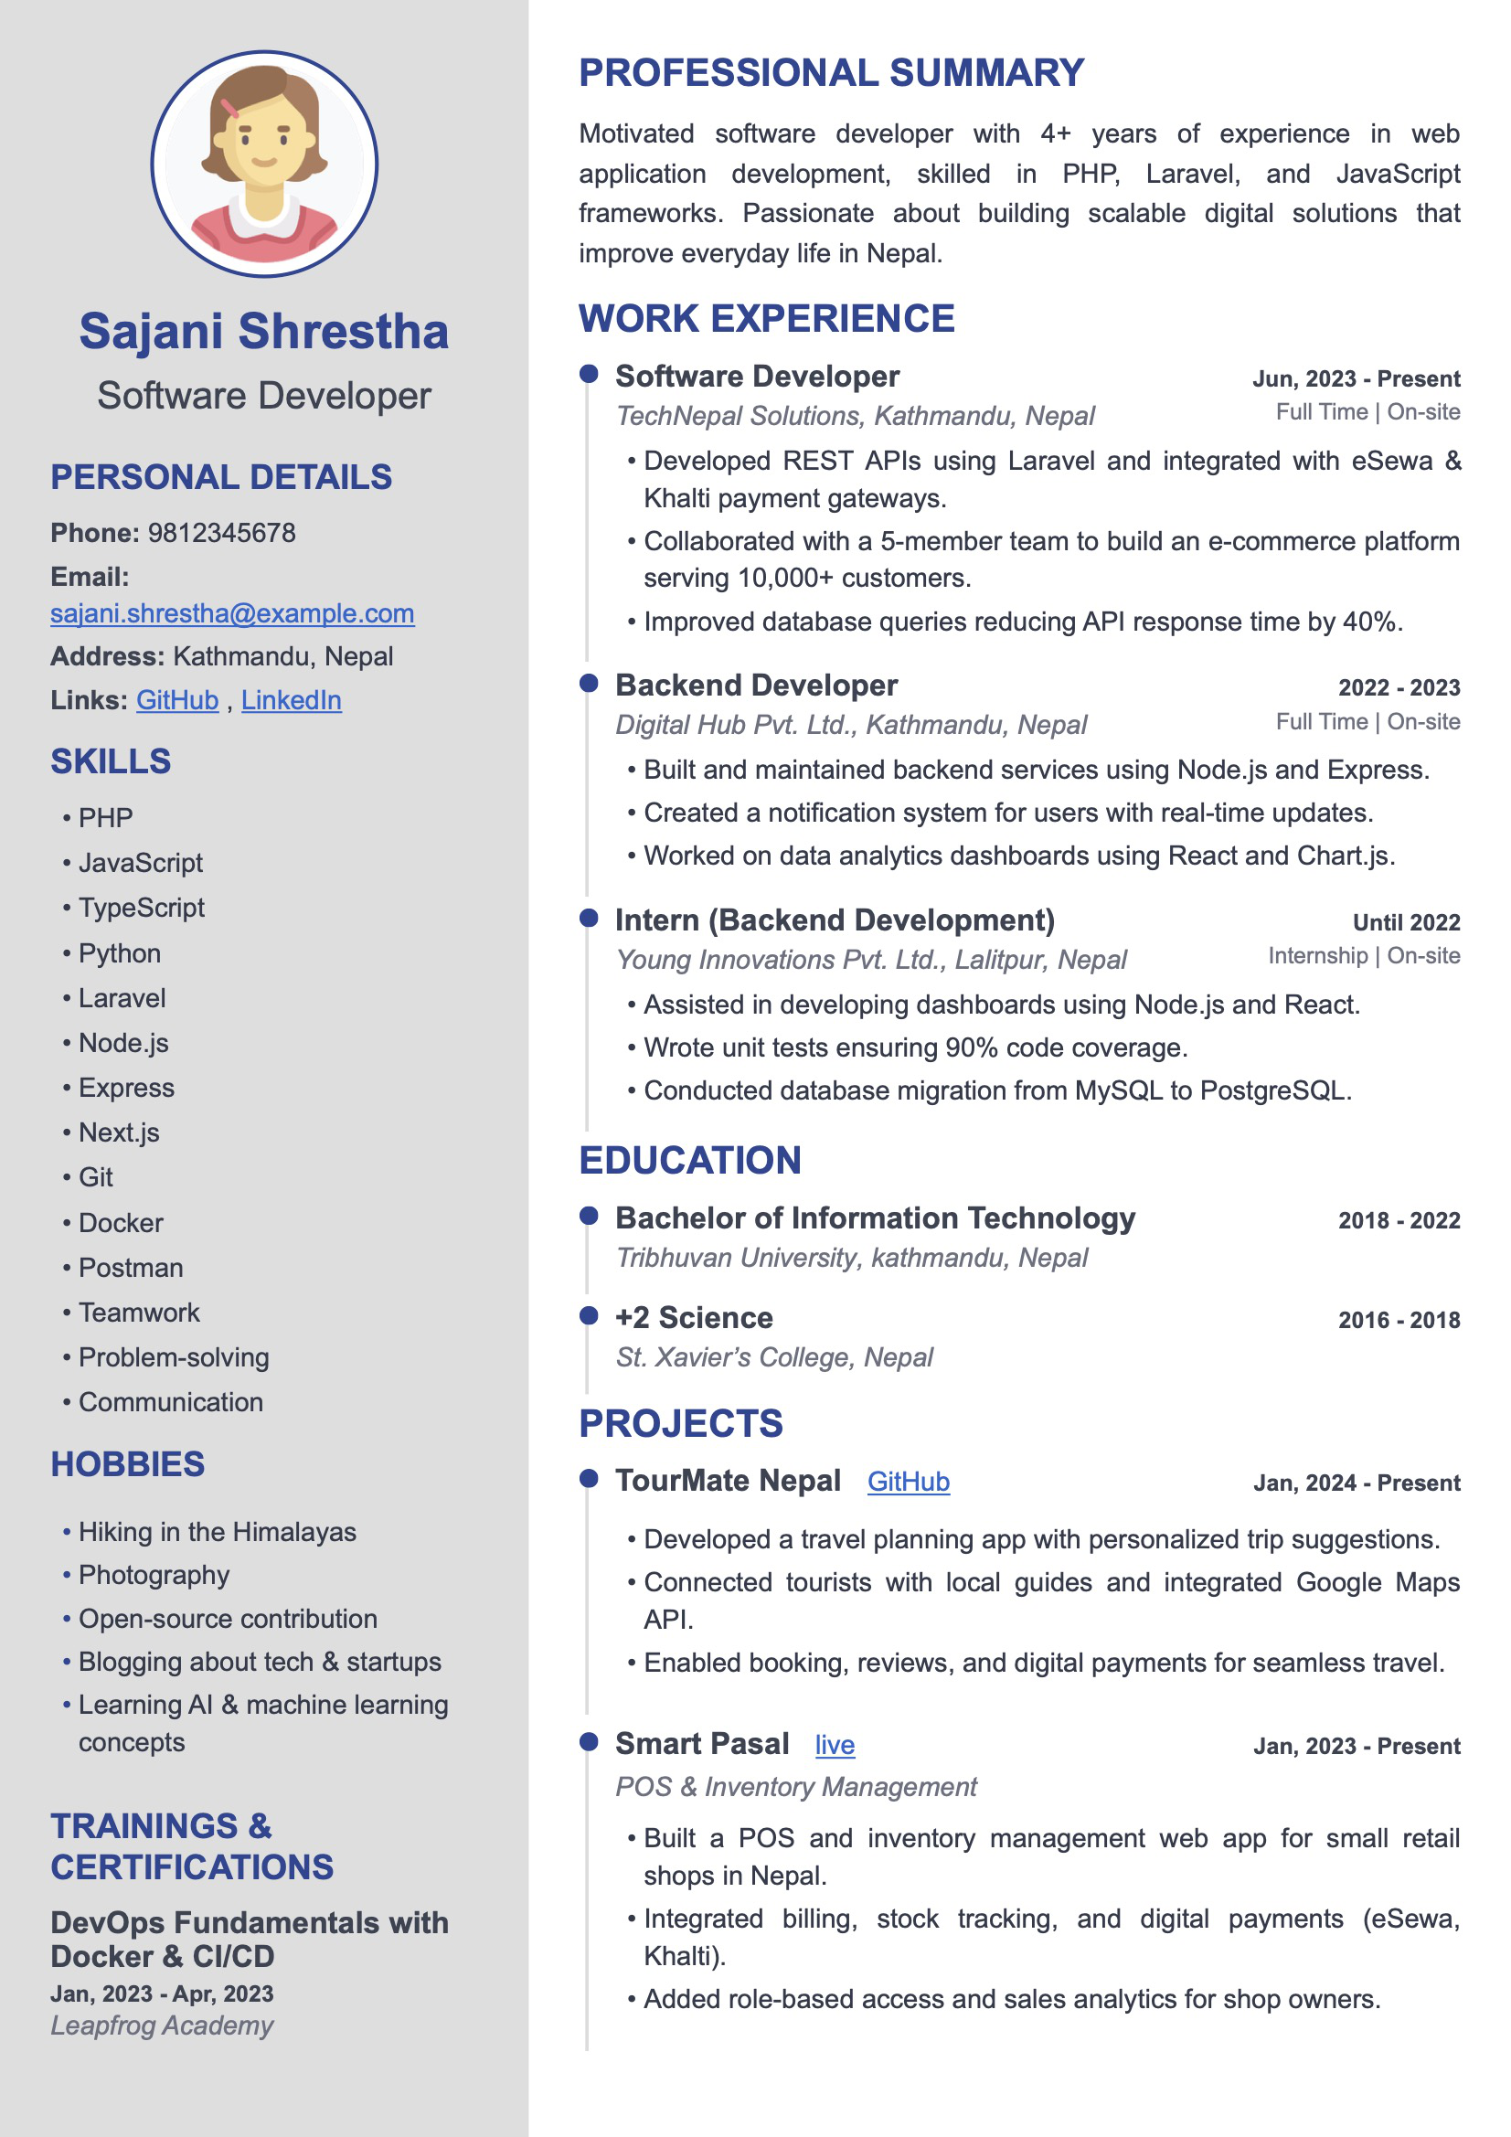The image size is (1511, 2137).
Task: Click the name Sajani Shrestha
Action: pyautogui.click(x=263, y=332)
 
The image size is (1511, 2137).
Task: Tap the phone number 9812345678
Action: pyautogui.click(x=221, y=533)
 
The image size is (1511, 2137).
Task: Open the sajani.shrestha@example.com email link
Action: pyautogui.click(x=232, y=614)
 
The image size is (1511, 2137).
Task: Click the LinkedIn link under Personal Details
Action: pyautogui.click(x=292, y=701)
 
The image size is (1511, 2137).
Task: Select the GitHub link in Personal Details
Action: pyautogui.click(x=177, y=701)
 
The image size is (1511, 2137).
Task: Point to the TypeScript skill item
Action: pyautogui.click(x=141, y=908)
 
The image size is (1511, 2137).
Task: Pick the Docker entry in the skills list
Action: pyautogui.click(x=120, y=1223)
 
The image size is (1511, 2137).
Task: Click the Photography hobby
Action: pyautogui.click(x=154, y=1575)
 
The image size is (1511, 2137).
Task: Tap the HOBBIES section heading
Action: pyautogui.click(x=128, y=1464)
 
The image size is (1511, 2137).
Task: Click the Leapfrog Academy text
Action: pyautogui.click(x=162, y=2026)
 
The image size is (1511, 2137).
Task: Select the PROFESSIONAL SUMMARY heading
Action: pyautogui.click(x=832, y=73)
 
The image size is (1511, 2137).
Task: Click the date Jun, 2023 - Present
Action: pyautogui.click(x=1356, y=378)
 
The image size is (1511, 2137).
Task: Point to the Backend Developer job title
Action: pyautogui.click(x=756, y=686)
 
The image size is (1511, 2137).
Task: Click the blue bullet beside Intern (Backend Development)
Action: pyautogui.click(x=589, y=919)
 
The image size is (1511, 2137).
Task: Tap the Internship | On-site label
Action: pyautogui.click(x=1363, y=956)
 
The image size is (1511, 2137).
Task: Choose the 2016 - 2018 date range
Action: pyautogui.click(x=1399, y=1320)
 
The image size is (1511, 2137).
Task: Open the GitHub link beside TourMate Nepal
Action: pyautogui.click(x=908, y=1482)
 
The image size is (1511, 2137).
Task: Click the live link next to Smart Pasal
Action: pyautogui.click(x=835, y=1745)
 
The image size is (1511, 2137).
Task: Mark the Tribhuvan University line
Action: pyautogui.click(x=851, y=1259)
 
